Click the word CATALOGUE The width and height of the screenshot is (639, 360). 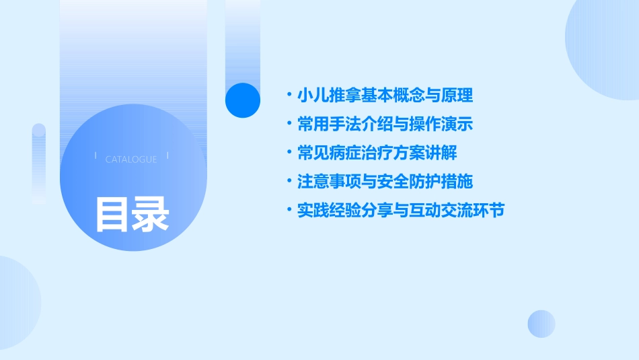coord(131,159)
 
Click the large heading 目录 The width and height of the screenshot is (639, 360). coord(132,214)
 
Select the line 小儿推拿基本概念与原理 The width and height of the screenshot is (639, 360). coord(385,96)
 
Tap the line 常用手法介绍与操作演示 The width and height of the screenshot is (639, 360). coord(385,124)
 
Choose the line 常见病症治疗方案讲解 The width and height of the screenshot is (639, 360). coord(377,153)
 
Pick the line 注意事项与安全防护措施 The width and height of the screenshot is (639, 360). coord(385,182)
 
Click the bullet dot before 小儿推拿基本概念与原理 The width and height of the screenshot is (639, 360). coord(289,95)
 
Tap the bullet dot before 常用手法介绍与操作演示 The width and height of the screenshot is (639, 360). coord(289,124)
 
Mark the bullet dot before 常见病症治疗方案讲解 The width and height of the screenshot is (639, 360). coord(289,153)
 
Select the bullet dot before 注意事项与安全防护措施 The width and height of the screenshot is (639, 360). coord(289,182)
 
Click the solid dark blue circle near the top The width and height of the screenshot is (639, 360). coord(243,100)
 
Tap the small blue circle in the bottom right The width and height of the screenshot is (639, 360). coord(541,324)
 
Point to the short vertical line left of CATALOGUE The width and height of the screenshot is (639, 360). coord(96,156)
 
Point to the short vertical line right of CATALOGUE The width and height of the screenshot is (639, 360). coord(167,156)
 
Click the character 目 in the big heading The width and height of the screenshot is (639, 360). coord(111,214)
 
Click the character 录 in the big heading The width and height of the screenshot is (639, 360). coord(151,214)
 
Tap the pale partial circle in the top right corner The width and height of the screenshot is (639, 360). coord(605,47)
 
